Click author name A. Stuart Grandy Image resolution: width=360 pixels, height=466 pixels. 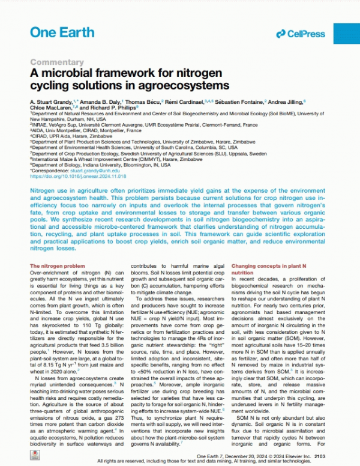coord(54,102)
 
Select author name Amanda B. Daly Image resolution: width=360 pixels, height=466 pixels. coord(101,102)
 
